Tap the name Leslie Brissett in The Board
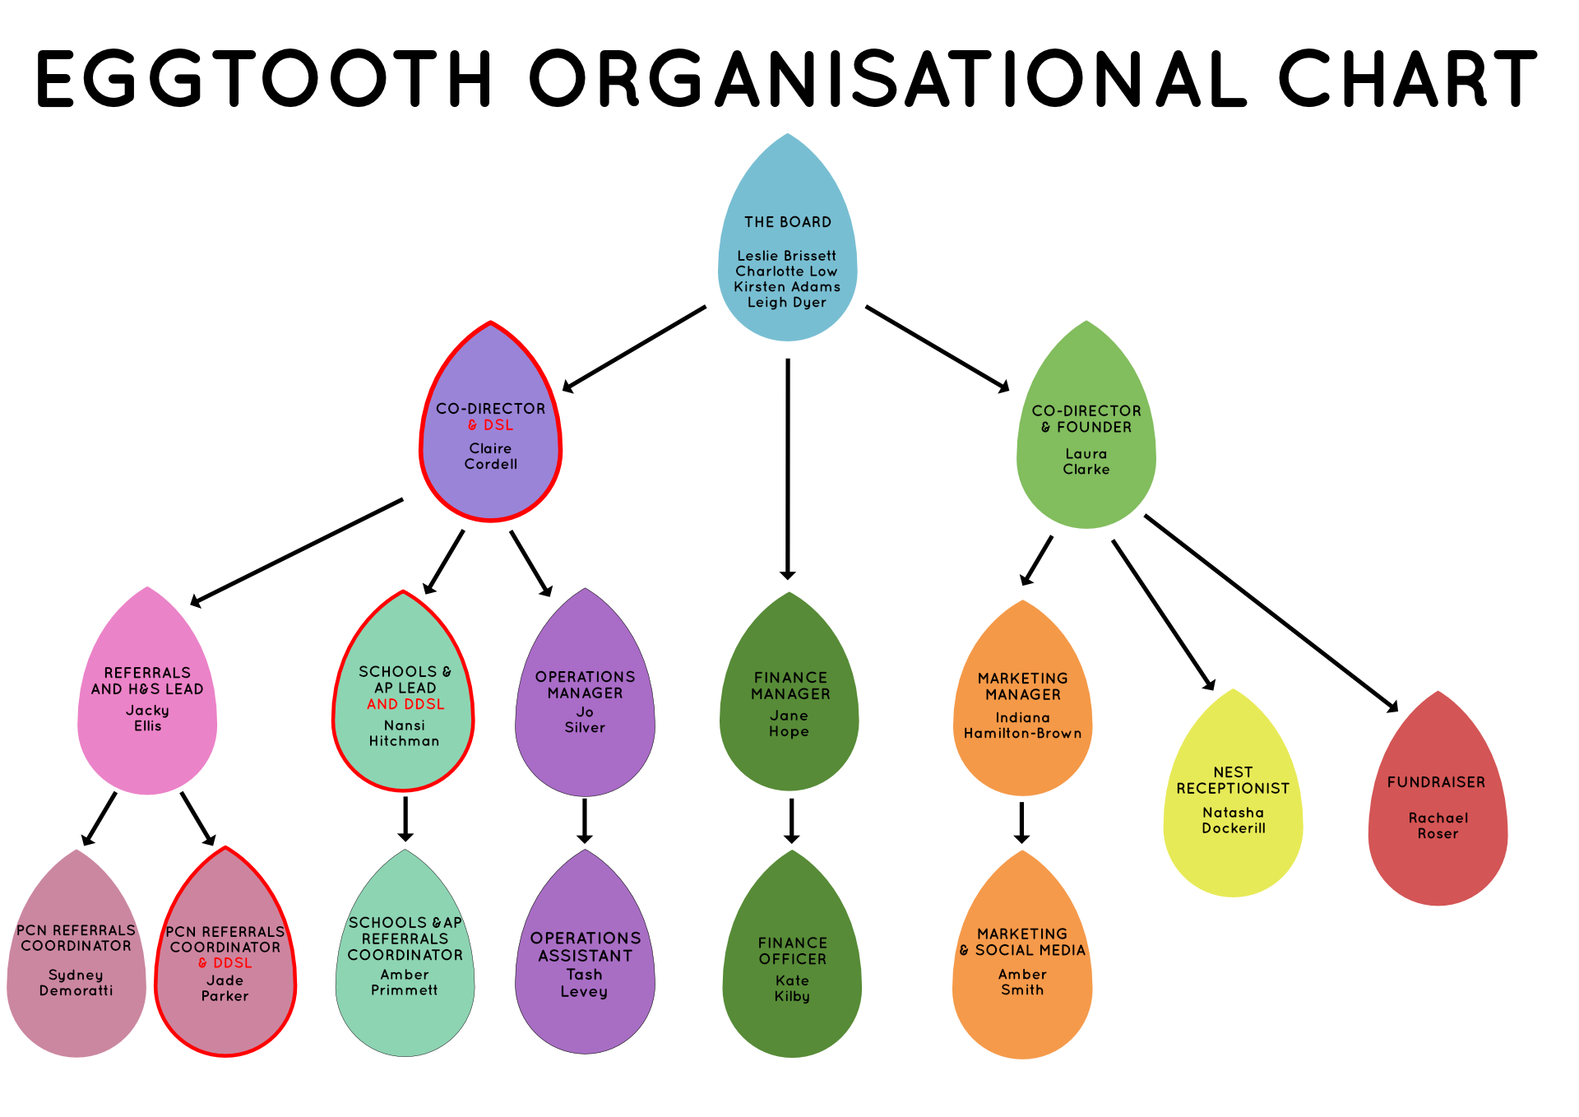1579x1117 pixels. [786, 256]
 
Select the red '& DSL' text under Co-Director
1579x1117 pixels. [490, 425]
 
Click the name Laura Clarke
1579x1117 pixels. [1086, 461]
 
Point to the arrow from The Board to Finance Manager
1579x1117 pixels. [787, 469]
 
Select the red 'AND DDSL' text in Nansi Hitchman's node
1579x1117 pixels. [405, 705]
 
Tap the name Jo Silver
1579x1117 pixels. [585, 720]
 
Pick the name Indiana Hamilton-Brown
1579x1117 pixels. [1022, 725]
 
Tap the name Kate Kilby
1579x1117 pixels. [792, 989]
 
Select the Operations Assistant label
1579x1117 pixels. [585, 947]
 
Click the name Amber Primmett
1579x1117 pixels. [405, 983]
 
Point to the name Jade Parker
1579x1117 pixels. [225, 989]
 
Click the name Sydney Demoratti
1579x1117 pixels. [76, 983]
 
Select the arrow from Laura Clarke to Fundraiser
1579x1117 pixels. [1271, 613]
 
